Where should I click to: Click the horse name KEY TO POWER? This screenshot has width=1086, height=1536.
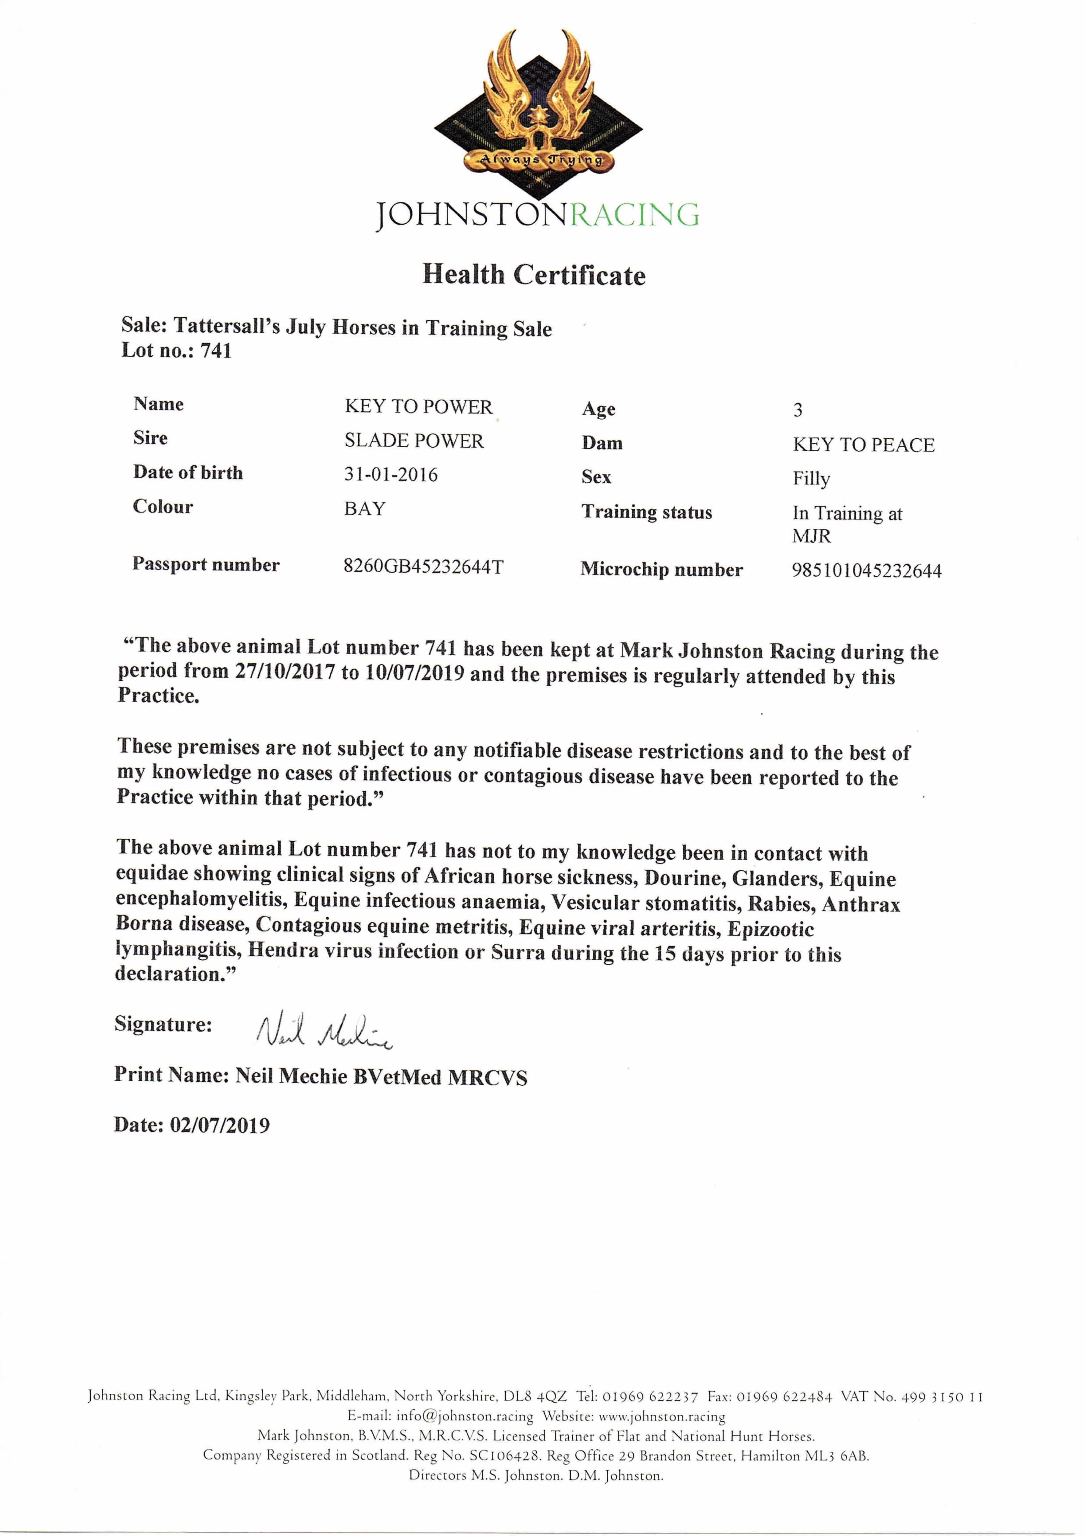[418, 407]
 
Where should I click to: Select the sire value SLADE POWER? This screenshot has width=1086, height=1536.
[414, 441]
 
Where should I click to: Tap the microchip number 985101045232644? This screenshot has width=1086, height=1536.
[867, 571]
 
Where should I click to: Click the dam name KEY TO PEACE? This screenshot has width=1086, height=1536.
[863, 445]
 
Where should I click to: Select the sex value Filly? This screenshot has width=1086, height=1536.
[811, 479]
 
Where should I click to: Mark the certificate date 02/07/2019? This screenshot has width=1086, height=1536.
[219, 1125]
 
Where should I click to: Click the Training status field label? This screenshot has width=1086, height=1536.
[646, 512]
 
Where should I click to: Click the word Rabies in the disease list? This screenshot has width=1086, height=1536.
[779, 904]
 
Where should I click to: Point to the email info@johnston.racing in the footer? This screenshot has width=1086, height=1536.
[465, 1416]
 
